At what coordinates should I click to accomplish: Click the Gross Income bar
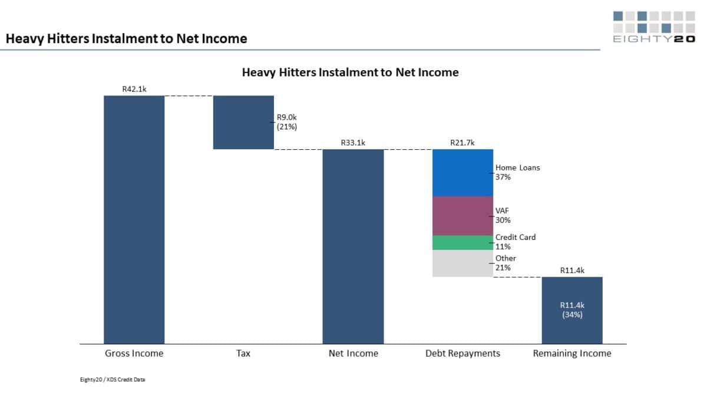pos(134,219)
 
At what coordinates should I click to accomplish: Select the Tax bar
pos(243,122)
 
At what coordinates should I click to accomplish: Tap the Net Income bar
pos(353,246)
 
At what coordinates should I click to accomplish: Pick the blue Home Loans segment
pos(462,172)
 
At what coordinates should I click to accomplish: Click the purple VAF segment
pos(462,216)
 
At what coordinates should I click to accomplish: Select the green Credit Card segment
pos(462,242)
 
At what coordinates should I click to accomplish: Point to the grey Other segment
pos(462,263)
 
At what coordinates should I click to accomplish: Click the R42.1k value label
pos(134,89)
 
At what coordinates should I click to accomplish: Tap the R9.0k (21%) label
pos(288,122)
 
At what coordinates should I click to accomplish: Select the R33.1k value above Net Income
pos(353,143)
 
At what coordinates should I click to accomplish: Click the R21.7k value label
pos(462,143)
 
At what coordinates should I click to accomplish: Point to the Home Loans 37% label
pos(517,172)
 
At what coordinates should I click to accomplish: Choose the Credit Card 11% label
pos(516,242)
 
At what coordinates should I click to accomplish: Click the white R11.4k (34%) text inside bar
pos(571,310)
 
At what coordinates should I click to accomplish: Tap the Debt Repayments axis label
pos(462,353)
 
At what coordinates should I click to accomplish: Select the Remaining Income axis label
pos(572,353)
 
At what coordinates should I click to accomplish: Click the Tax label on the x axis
pos(243,353)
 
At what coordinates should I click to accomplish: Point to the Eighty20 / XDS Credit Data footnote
pos(113,379)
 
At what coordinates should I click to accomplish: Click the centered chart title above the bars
pos(350,73)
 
